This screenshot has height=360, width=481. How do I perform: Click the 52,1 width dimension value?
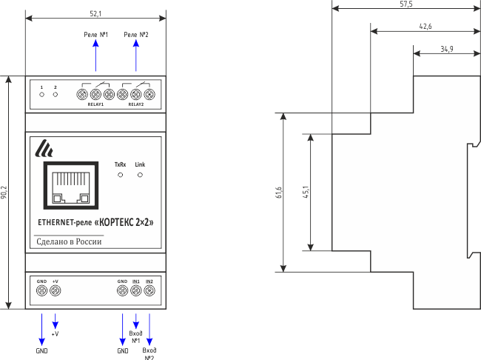(95, 13)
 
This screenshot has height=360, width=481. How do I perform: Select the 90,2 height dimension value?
(4, 193)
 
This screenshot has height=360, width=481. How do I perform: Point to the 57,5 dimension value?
(406, 4)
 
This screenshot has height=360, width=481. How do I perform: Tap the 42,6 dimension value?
(425, 26)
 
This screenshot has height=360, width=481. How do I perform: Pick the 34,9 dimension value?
(447, 49)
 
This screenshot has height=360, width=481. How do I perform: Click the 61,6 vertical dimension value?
(278, 193)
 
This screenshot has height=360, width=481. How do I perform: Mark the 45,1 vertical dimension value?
(306, 192)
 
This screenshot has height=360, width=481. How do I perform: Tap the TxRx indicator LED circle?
(121, 176)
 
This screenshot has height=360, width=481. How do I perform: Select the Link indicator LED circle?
(140, 176)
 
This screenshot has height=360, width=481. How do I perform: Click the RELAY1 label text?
(95, 105)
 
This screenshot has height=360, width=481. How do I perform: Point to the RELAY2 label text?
(135, 105)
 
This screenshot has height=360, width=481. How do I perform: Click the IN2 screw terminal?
(149, 291)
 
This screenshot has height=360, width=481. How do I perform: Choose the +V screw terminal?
(55, 291)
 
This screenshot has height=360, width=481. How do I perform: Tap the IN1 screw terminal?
(136, 291)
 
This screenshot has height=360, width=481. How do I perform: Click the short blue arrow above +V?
(55, 321)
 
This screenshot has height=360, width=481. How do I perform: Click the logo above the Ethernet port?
(45, 149)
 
